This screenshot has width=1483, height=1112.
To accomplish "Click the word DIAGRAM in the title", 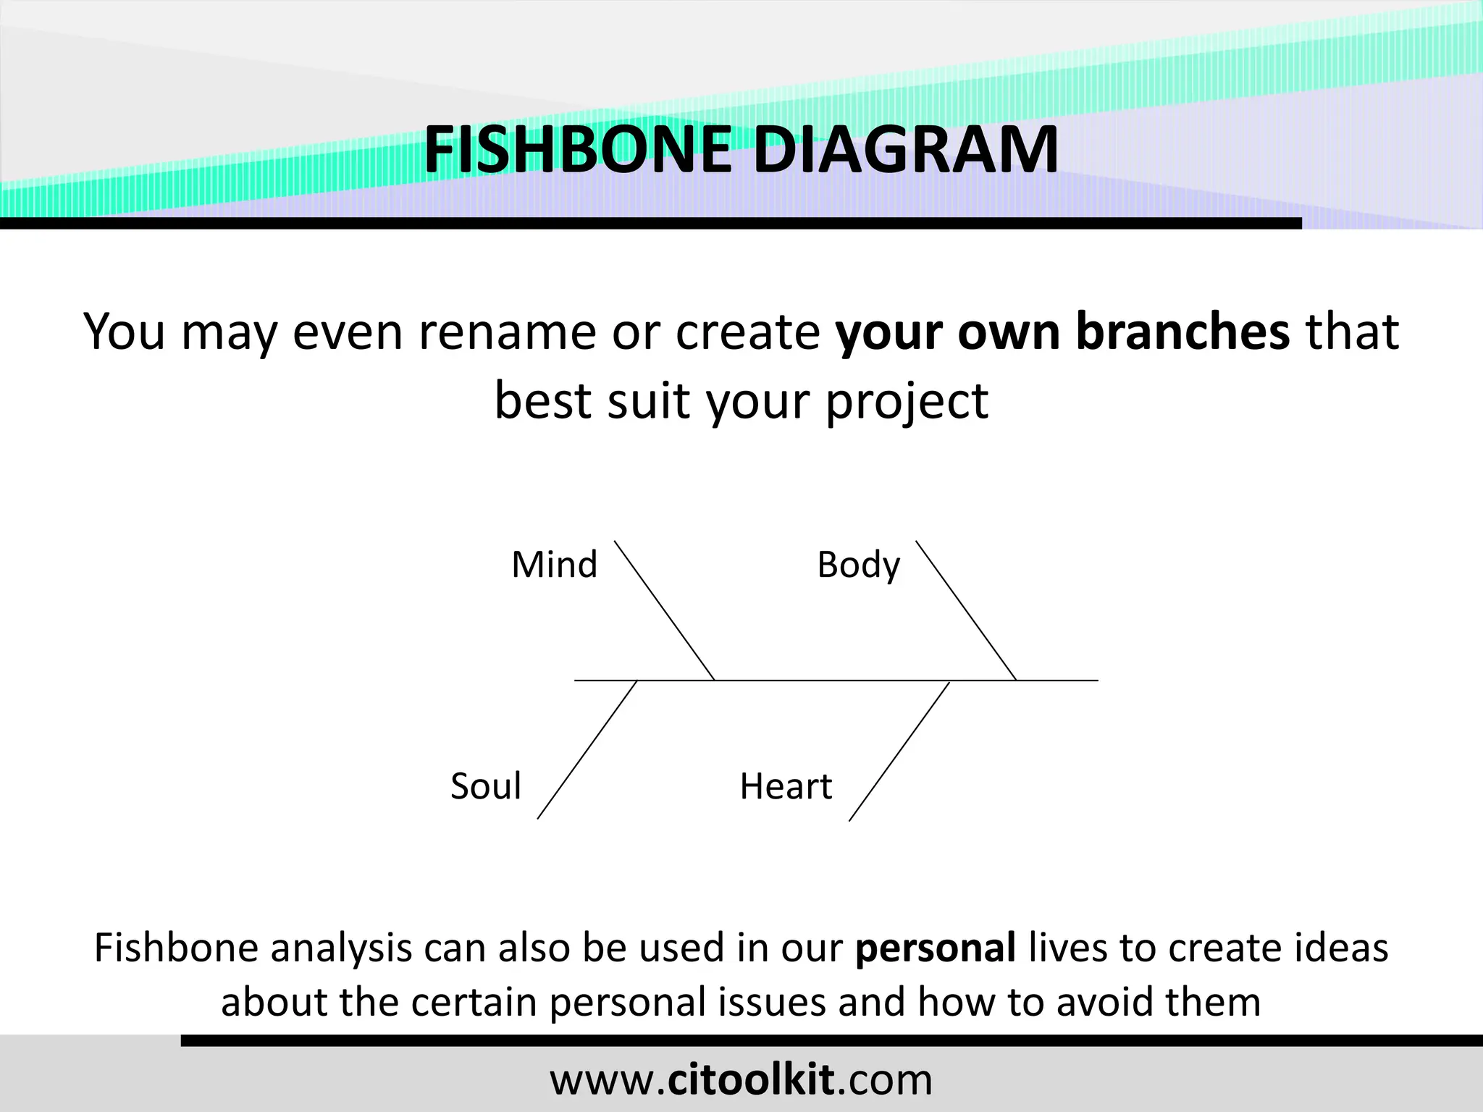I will [x=905, y=150].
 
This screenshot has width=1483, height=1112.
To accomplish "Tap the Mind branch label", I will [x=554, y=565].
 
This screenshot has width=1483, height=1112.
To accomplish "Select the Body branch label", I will [x=858, y=565].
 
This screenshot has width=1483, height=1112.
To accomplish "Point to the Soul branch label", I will [x=485, y=786].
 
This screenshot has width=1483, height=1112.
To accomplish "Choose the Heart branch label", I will [x=786, y=786].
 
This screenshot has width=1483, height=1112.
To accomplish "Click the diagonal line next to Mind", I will [x=664, y=610].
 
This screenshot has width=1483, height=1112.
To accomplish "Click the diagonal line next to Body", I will [x=965, y=610].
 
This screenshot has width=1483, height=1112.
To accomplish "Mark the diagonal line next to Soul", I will [x=587, y=749].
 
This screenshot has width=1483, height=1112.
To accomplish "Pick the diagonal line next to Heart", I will [x=899, y=751].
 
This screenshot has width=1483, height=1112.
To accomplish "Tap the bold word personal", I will [x=935, y=948].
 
